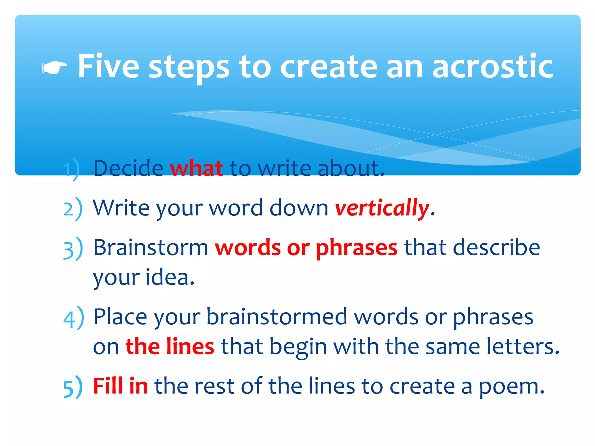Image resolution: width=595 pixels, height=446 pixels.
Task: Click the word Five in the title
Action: pos(108,67)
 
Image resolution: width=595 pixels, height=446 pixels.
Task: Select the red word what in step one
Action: pos(196,168)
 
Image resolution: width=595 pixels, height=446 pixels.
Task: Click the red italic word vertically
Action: pos(382,208)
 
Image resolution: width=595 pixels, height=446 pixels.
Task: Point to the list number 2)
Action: pos(73,209)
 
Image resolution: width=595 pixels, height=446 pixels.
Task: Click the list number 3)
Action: pos(73,249)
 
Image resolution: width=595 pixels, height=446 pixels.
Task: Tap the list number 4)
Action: pos(73,318)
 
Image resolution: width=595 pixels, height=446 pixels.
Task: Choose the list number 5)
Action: pos(73,387)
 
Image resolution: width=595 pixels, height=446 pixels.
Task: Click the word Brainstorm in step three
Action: pos(150,248)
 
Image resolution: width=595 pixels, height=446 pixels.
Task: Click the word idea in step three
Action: pos(170,278)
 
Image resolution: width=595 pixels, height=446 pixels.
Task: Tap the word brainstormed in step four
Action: pos(277,317)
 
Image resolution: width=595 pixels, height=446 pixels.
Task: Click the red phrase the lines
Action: pos(170,346)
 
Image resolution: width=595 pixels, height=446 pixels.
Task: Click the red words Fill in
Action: pos(120,386)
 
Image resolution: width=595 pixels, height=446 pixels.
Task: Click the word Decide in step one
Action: pos(128,168)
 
